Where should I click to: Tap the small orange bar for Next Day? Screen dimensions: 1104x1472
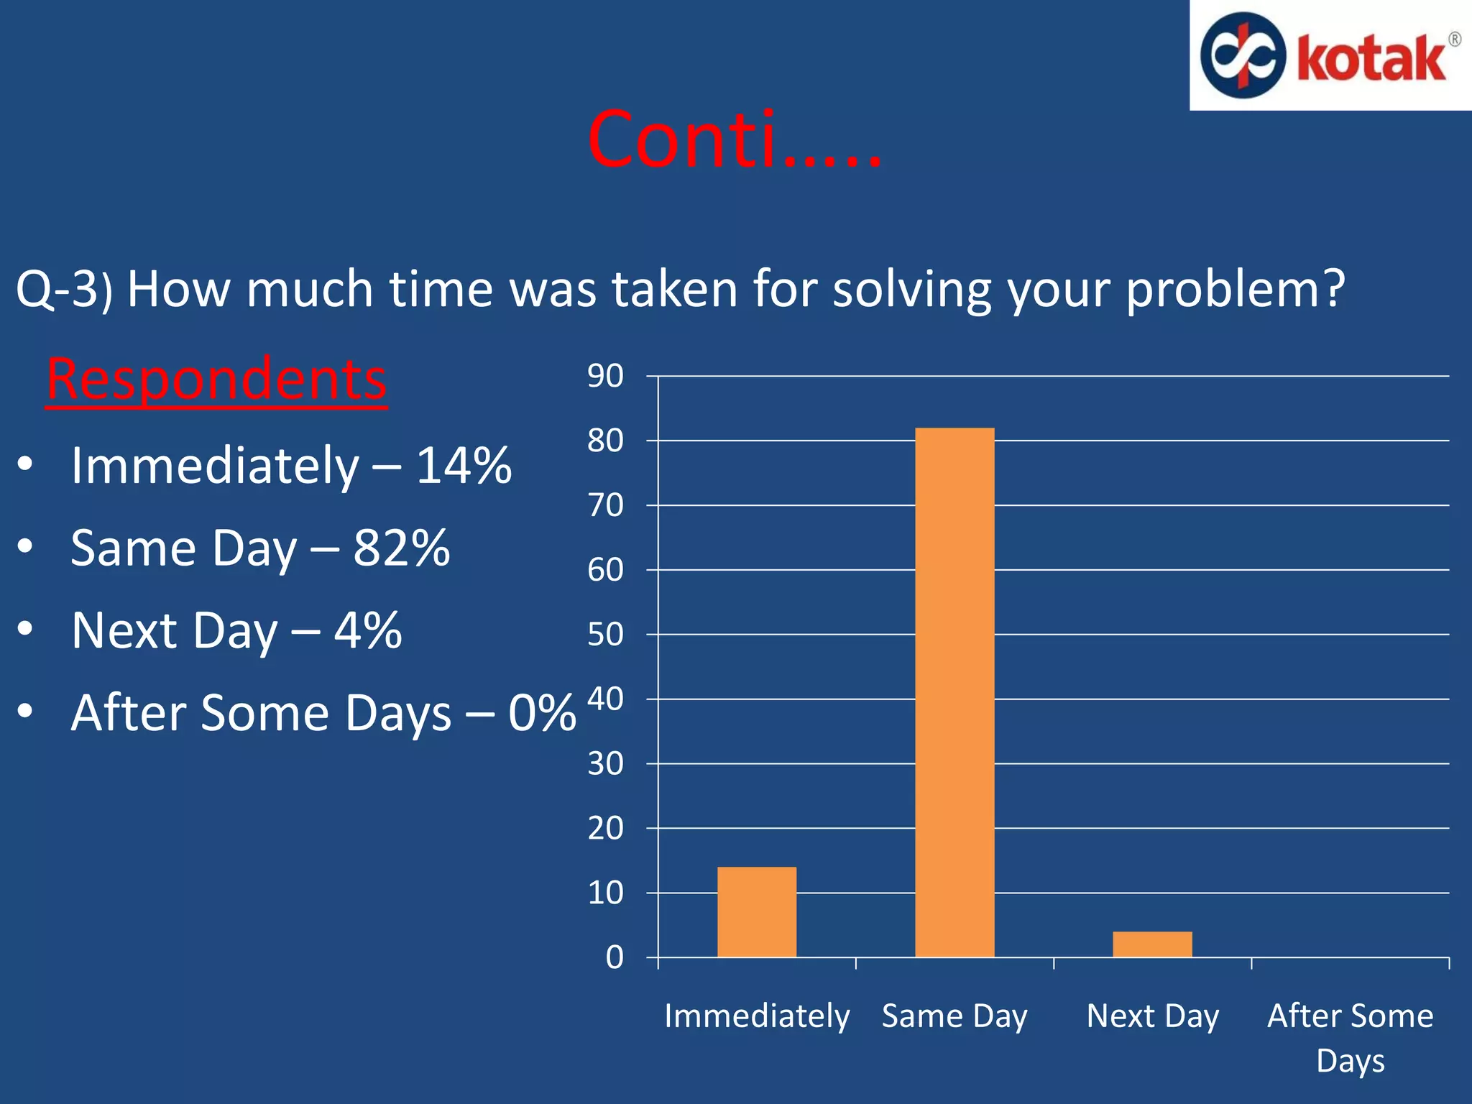[1152, 944]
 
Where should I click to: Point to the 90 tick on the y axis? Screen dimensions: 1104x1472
[605, 376]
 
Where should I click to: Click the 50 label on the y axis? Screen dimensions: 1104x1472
[605, 635]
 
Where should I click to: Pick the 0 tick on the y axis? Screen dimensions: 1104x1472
[615, 957]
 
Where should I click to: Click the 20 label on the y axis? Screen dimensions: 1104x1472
[605, 828]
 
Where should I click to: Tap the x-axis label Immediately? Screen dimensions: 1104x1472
[757, 1016]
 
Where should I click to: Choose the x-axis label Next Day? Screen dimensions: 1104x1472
[1152, 1016]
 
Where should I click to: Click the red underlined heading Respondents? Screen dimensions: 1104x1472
[216, 379]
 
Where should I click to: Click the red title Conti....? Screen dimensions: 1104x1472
[733, 140]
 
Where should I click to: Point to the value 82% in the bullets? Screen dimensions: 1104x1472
[401, 548]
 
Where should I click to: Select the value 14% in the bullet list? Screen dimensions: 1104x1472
[464, 466]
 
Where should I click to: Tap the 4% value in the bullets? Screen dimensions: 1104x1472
[367, 630]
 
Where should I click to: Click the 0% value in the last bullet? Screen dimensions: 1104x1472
[541, 713]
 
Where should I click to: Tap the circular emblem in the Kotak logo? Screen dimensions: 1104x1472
[1243, 55]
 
